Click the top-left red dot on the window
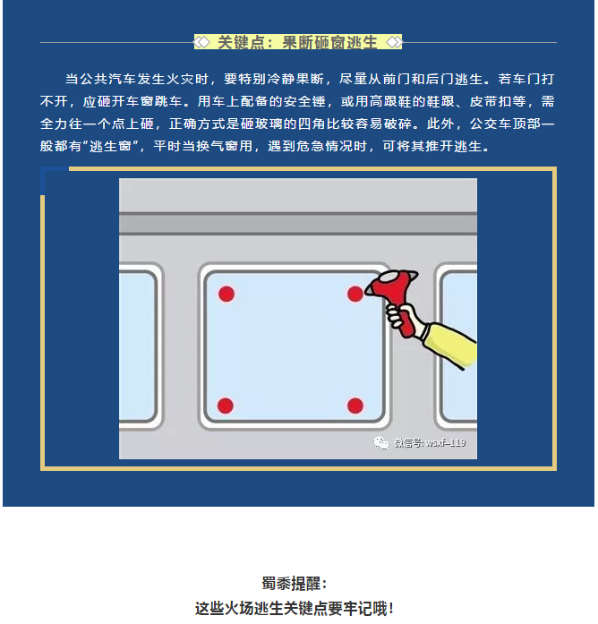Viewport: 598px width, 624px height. pyautogui.click(x=226, y=294)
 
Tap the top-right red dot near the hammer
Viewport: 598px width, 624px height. pyautogui.click(x=355, y=294)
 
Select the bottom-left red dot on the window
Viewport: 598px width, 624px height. pyautogui.click(x=226, y=406)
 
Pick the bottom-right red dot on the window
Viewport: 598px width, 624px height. pyautogui.click(x=355, y=406)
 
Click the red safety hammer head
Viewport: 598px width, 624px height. pyautogui.click(x=393, y=285)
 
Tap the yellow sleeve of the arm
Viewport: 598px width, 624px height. pyautogui.click(x=449, y=343)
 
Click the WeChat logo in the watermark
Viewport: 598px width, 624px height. pyautogui.click(x=380, y=442)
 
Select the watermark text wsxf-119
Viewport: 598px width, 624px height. pyautogui.click(x=445, y=442)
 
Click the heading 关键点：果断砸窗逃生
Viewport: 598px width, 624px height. pyautogui.click(x=297, y=42)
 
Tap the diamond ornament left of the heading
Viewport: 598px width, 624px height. pyautogui.click(x=202, y=42)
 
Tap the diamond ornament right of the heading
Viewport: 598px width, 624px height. pyautogui.click(x=394, y=42)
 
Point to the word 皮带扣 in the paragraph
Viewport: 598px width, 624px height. pyautogui.click(x=491, y=101)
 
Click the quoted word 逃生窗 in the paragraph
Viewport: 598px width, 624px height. pyautogui.click(x=110, y=147)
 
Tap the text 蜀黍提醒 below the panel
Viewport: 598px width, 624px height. pyautogui.click(x=291, y=584)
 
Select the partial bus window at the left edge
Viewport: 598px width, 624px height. pyautogui.click(x=141, y=346)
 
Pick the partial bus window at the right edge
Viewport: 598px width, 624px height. pyautogui.click(x=456, y=346)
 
